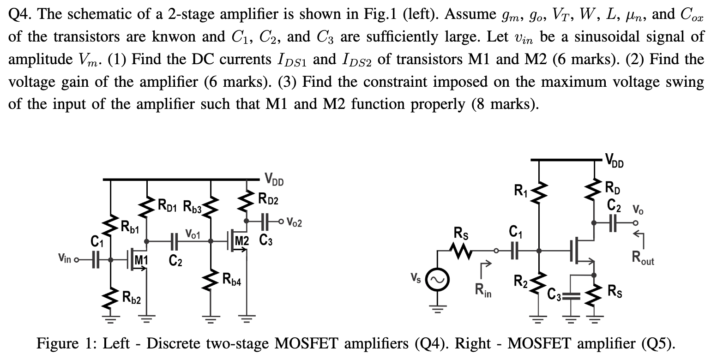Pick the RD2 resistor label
click(x=269, y=199)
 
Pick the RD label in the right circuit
click(x=615, y=188)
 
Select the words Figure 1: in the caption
click(x=65, y=343)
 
